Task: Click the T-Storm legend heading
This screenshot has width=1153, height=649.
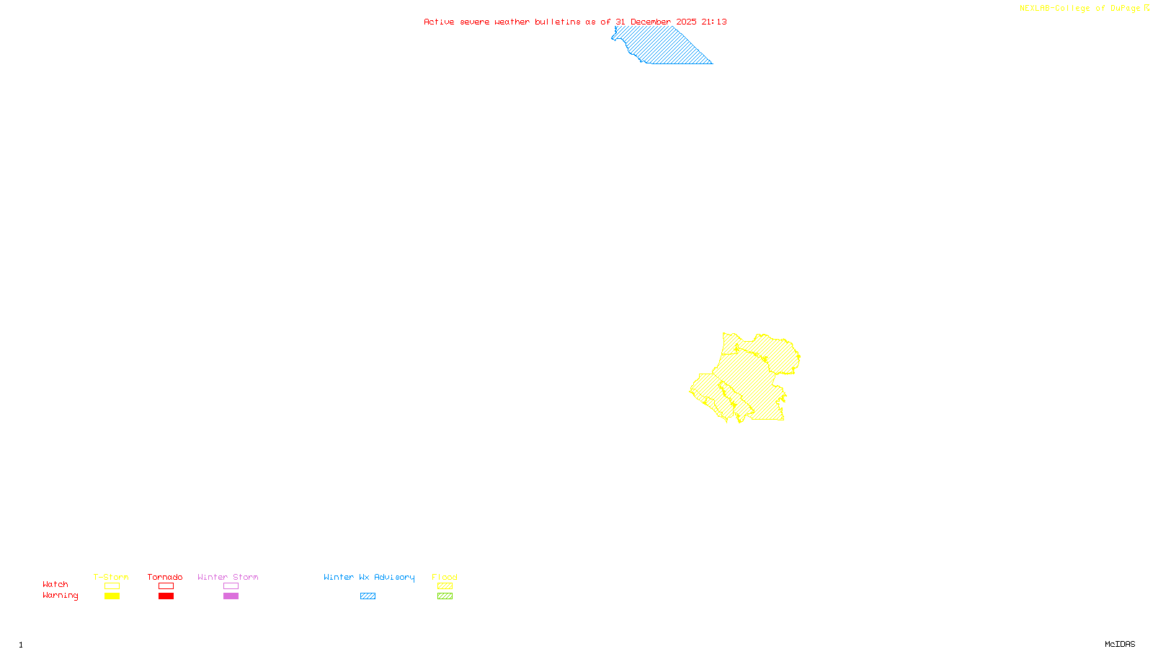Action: pyautogui.click(x=111, y=577)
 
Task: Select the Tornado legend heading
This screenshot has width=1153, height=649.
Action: pyautogui.click(x=165, y=577)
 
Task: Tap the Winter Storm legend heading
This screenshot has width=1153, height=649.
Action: pyautogui.click(x=228, y=577)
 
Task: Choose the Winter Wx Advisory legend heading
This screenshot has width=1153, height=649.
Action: pyautogui.click(x=369, y=577)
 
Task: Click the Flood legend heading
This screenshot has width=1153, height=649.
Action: pyautogui.click(x=445, y=577)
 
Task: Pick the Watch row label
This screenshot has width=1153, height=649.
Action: pyautogui.click(x=55, y=584)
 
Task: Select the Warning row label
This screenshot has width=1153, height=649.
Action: pyautogui.click(x=60, y=596)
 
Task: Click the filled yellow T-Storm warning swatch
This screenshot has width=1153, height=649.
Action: pyautogui.click(x=112, y=596)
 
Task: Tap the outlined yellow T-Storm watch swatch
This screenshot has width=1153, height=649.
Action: pyautogui.click(x=112, y=586)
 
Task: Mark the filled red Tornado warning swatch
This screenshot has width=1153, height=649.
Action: pyautogui.click(x=166, y=596)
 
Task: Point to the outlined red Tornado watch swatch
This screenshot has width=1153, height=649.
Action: pyautogui.click(x=166, y=586)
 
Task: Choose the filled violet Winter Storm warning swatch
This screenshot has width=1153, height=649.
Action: pyautogui.click(x=231, y=596)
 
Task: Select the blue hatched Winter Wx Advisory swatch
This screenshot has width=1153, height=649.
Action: pyautogui.click(x=368, y=596)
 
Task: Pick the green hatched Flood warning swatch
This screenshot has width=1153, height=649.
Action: pyautogui.click(x=445, y=596)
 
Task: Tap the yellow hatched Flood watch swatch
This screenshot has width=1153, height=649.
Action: pyautogui.click(x=445, y=586)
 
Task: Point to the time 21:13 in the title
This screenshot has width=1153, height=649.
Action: pyautogui.click(x=714, y=22)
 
